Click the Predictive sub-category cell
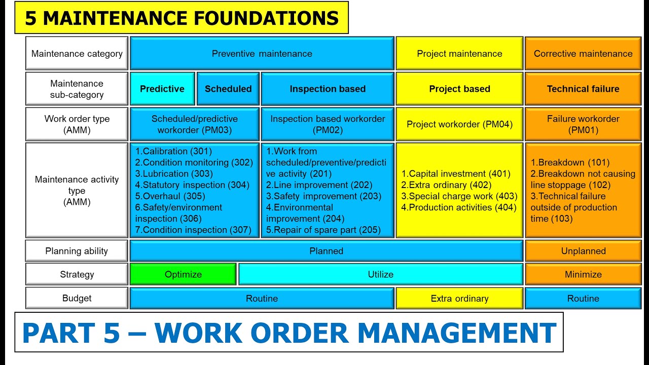point(162,89)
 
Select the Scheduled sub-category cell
point(228,89)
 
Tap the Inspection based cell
point(328,89)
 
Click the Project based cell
point(459,89)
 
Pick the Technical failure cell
point(583,89)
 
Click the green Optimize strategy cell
point(183,274)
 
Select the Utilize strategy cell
point(380,274)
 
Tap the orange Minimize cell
point(583,274)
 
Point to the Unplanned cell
point(583,251)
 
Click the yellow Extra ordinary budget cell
point(459,299)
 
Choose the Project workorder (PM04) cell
point(459,124)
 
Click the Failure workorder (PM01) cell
point(583,124)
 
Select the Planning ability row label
point(77,251)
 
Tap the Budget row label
point(77,299)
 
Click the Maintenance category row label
point(77,54)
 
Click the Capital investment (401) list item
point(456,174)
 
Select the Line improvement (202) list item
point(319,185)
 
